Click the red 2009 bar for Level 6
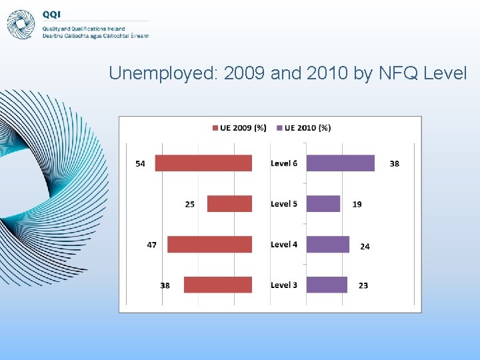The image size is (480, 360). click(203, 163)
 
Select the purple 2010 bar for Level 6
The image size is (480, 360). click(340, 163)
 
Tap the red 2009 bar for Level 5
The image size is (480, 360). click(229, 204)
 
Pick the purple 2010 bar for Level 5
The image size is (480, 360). click(323, 204)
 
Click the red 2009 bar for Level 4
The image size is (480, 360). click(209, 245)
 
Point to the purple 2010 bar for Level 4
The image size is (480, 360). click(327, 245)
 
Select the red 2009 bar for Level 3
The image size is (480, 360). click(217, 285)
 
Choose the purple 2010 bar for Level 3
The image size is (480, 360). click(327, 285)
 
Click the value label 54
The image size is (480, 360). click(140, 164)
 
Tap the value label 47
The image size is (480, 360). click(152, 245)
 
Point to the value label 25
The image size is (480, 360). click(190, 204)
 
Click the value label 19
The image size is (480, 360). click(357, 204)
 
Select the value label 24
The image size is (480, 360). click(365, 247)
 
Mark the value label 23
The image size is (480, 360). click(363, 285)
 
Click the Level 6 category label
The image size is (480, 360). click(284, 163)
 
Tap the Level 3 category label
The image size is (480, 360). click(284, 285)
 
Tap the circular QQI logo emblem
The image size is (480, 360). click(21, 24)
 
